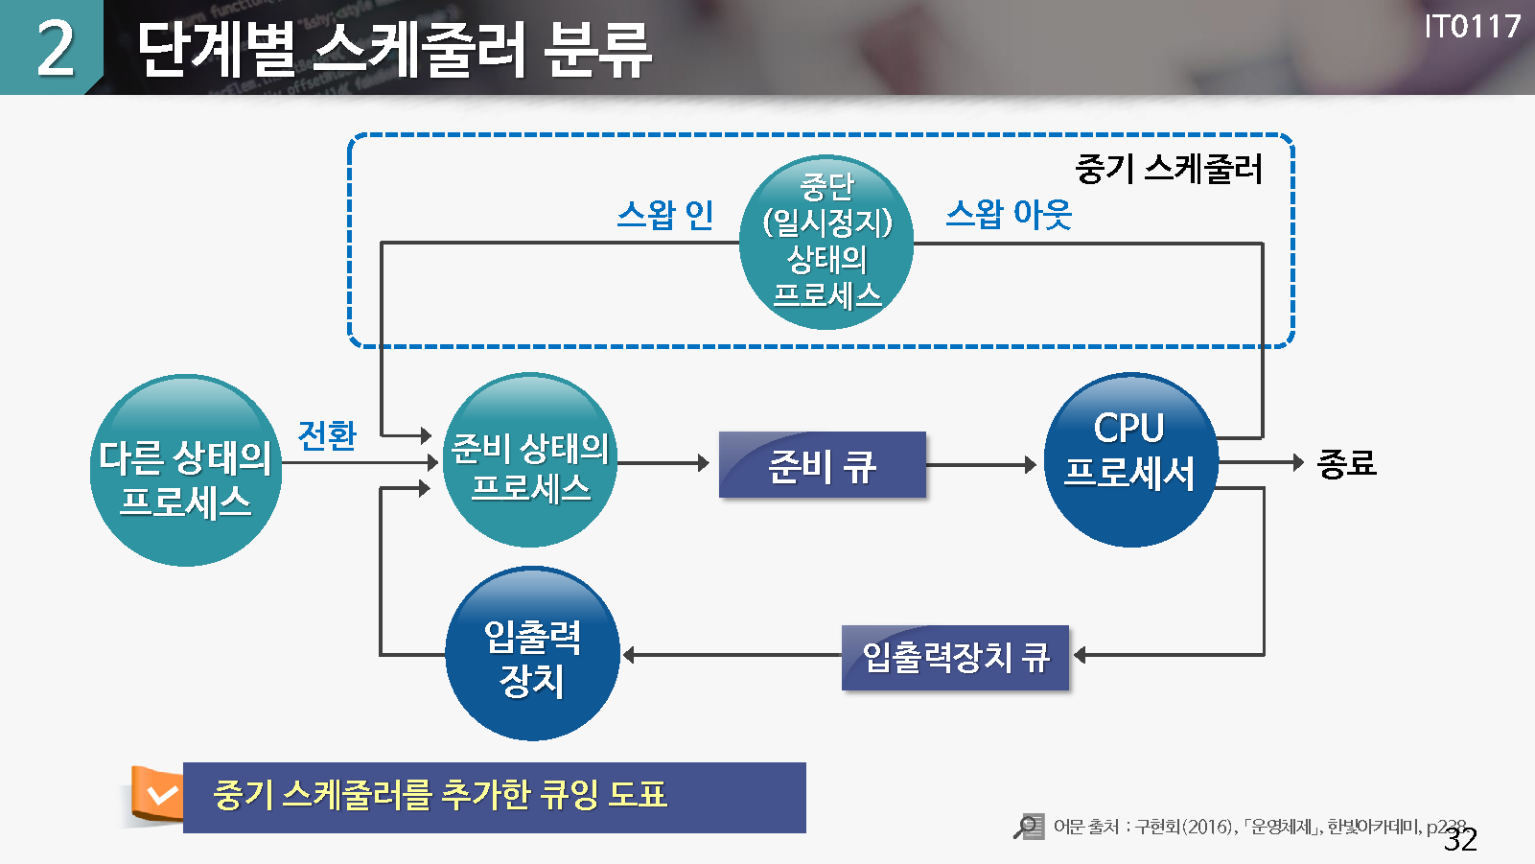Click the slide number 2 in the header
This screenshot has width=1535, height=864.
55,48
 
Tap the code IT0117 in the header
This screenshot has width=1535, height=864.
1472,26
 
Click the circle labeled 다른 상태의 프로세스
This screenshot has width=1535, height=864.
185,471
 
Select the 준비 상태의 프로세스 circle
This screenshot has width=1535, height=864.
530,461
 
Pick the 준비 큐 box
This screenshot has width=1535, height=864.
822,465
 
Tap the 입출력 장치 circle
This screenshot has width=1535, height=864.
532,654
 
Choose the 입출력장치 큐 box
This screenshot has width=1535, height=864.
955,658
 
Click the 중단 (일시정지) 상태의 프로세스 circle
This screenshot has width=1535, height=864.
826,243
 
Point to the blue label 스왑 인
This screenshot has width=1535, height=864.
665,215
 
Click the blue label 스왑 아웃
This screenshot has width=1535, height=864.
1009,214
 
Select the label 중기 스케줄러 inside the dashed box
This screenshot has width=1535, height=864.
1169,169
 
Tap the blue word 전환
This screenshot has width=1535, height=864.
327,435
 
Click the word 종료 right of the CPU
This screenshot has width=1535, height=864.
1347,464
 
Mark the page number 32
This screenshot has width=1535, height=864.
1460,840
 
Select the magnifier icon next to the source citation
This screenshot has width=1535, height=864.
1029,826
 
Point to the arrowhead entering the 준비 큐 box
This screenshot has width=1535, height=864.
704,463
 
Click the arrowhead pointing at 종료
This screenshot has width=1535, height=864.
1298,462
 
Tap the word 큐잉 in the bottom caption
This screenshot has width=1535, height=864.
570,795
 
